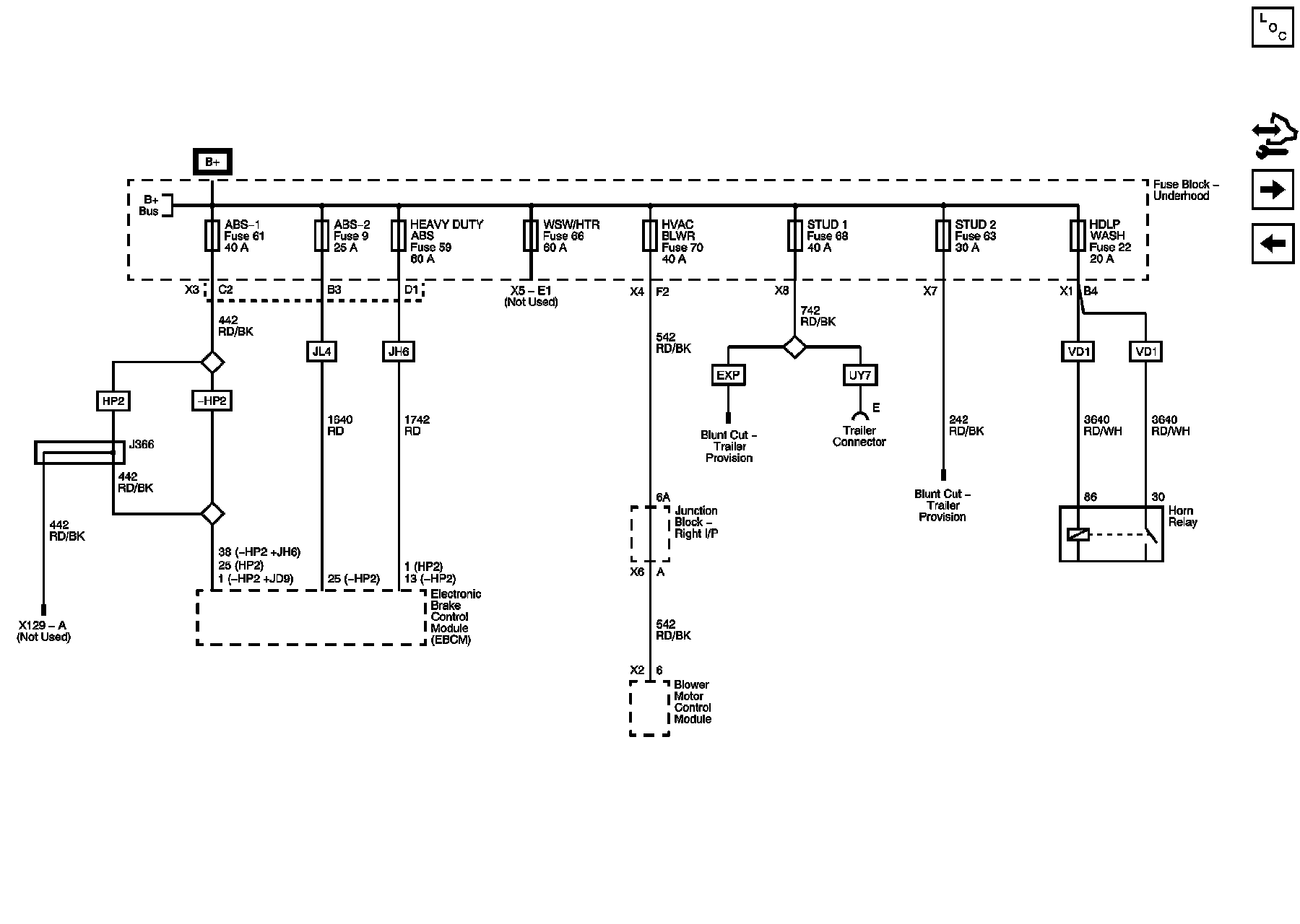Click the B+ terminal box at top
(212, 162)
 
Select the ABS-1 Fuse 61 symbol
(212, 236)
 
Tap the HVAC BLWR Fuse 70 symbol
(650, 236)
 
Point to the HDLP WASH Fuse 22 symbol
(1078, 236)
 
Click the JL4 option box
(321, 352)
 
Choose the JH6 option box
(398, 352)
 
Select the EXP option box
(728, 375)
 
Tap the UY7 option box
(859, 375)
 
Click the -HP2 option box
(212, 401)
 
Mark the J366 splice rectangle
(74, 453)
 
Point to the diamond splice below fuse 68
(794, 347)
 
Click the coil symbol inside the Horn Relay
(1078, 535)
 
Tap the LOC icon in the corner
(1272, 27)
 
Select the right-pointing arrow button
(1272, 190)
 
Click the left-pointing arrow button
(1272, 244)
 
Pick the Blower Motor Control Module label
(692, 702)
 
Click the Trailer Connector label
(859, 436)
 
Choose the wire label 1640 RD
(339, 425)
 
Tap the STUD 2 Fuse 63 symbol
(942, 236)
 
